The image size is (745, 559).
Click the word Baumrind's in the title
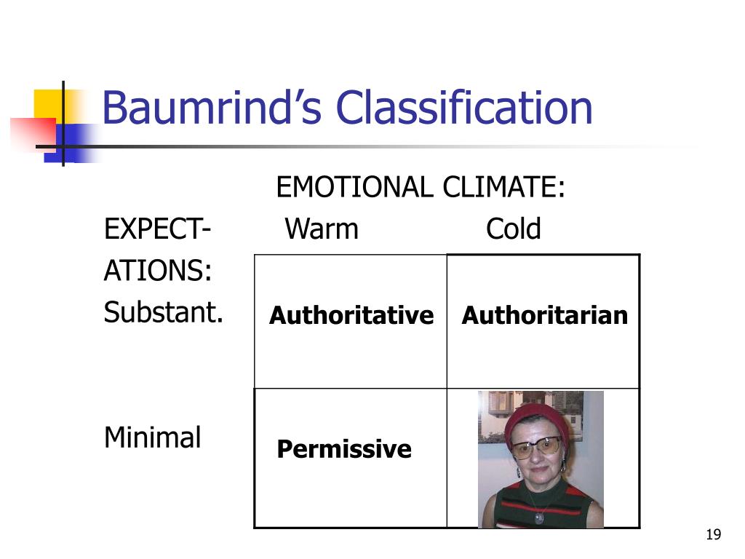tap(211, 108)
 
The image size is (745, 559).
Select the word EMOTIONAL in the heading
tap(356, 188)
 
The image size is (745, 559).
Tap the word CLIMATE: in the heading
tap(504, 188)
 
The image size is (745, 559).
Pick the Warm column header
tap(322, 229)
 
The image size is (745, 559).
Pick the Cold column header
tap(514, 229)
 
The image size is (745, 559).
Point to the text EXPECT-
tap(157, 229)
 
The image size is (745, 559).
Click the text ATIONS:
tap(158, 272)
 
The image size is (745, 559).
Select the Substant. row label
tap(164, 313)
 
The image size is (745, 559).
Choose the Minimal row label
tap(153, 437)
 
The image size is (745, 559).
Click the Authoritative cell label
tap(351, 315)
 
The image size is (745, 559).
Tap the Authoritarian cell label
tap(544, 315)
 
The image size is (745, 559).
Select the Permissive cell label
tap(344, 449)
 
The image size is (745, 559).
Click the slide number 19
tap(713, 536)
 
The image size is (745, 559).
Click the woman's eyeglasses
tap(536, 446)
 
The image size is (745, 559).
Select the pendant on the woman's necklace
tap(538, 518)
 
